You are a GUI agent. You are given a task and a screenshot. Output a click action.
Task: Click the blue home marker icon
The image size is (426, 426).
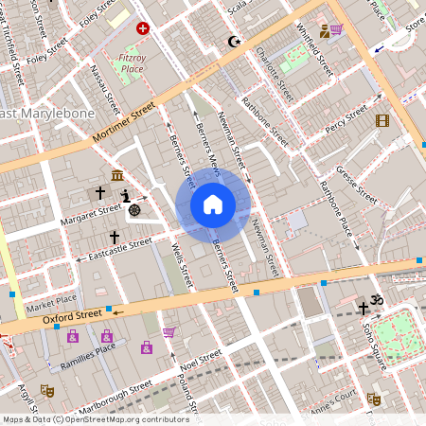click(213, 204)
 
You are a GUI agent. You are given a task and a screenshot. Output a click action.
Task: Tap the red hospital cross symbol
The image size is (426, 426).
click(142, 29)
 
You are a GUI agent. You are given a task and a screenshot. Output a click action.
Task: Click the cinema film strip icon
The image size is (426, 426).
click(382, 120)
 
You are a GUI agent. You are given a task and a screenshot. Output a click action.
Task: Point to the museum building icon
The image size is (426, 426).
click(116, 176)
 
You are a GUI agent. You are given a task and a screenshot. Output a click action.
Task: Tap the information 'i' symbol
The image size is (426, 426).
click(124, 195)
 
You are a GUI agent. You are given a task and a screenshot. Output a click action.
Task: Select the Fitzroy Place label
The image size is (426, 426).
click(133, 63)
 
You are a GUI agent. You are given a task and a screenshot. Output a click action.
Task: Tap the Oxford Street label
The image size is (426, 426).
click(72, 315)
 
